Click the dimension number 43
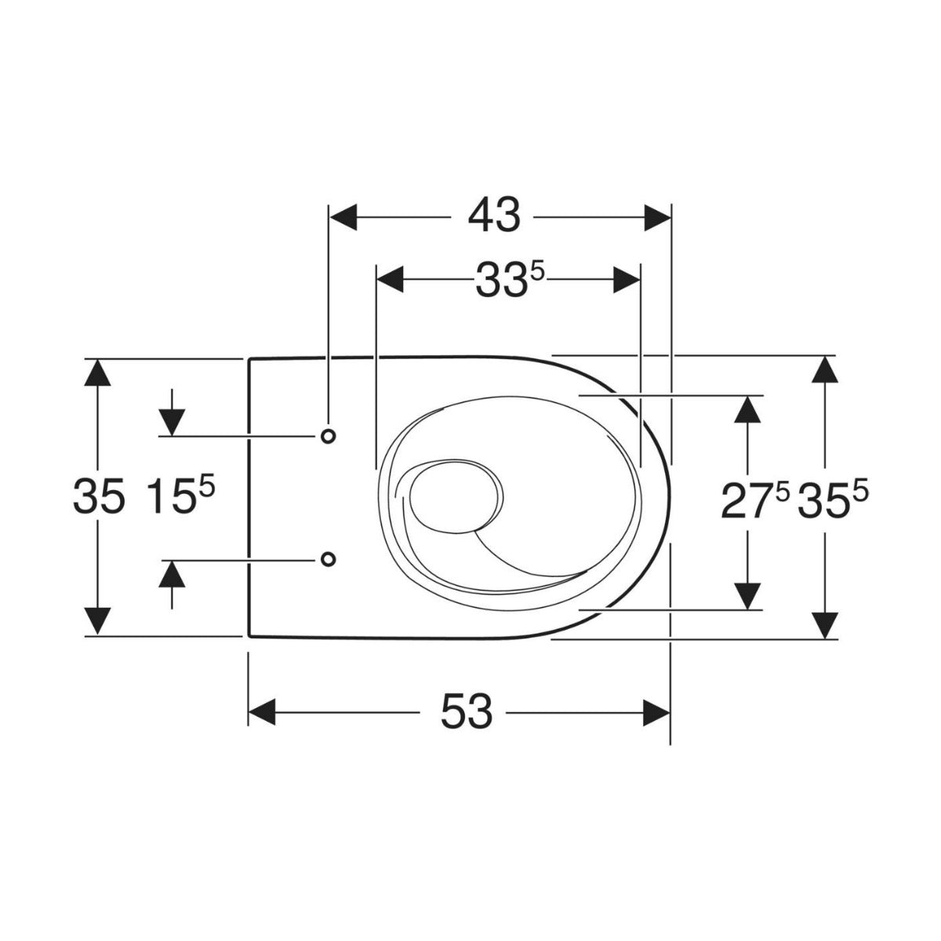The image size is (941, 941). [x=494, y=216]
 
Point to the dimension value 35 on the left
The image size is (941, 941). [x=98, y=497]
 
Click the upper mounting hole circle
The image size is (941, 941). [x=328, y=435]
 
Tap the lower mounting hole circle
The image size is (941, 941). [x=328, y=558]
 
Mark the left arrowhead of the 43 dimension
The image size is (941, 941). [x=343, y=217]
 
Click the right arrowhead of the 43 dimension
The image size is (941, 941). [x=657, y=217]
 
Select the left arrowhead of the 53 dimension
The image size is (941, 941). [x=263, y=712]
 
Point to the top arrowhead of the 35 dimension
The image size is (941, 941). [x=97, y=372]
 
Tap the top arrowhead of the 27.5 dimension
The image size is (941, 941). [x=750, y=409]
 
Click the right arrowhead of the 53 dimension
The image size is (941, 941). [x=657, y=712]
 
